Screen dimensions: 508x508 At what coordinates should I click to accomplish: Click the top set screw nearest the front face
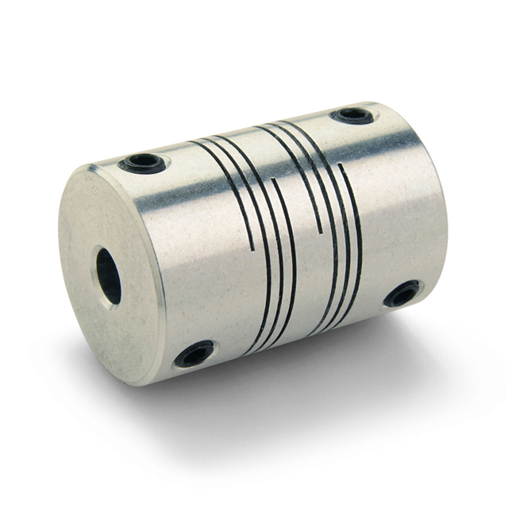click(143, 164)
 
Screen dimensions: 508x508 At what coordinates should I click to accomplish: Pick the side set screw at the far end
click(402, 294)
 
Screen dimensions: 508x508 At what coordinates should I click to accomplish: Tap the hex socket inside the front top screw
click(144, 164)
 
